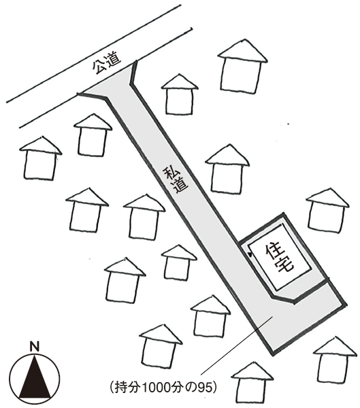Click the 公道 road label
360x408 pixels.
(x=107, y=63)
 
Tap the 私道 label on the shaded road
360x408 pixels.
(x=175, y=180)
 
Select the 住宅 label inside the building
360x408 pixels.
(x=280, y=258)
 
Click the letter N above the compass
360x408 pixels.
(x=35, y=348)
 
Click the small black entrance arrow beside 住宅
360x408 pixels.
(x=250, y=255)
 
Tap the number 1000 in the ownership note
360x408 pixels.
(x=152, y=388)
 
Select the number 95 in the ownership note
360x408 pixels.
(x=203, y=388)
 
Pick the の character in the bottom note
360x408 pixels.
(x=193, y=388)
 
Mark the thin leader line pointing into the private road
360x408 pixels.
(x=236, y=345)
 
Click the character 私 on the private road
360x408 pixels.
(x=170, y=173)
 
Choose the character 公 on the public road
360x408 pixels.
(x=100, y=67)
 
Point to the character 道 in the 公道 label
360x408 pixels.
(x=114, y=59)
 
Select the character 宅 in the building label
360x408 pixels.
(x=286, y=265)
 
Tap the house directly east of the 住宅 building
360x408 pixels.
(x=327, y=210)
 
